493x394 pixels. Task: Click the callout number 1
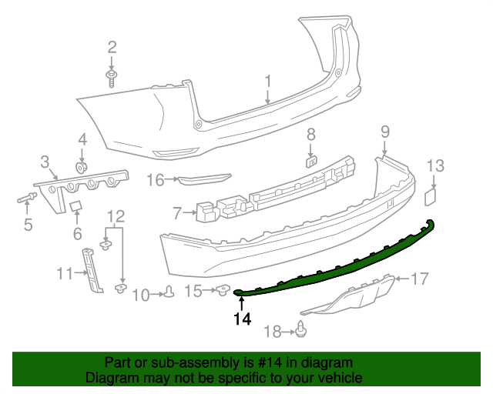point(268,81)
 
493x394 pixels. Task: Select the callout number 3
point(45,161)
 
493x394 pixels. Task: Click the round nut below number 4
point(80,166)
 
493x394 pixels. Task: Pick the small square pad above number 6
point(76,206)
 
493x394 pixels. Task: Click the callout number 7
point(177,212)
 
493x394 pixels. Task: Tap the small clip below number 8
point(310,161)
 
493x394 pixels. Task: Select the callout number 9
point(384,132)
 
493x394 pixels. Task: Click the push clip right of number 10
point(169,292)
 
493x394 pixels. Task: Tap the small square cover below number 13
point(430,197)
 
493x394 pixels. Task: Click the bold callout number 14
point(242,319)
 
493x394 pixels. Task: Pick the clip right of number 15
point(223,289)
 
